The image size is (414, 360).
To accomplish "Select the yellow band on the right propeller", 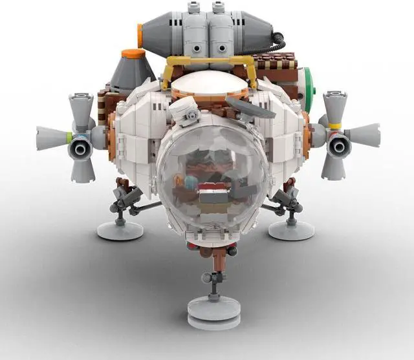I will [x=334, y=125].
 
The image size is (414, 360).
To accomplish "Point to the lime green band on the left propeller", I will [x=68, y=136].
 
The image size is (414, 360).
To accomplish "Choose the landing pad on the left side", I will [x=120, y=229].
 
